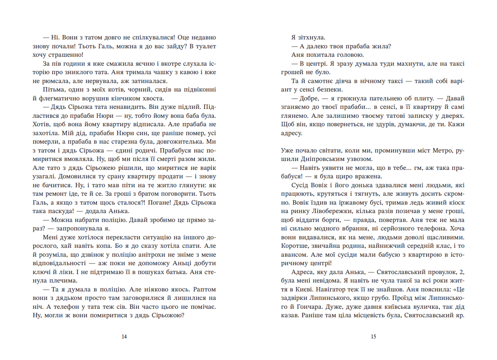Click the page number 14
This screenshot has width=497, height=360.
tap(124, 337)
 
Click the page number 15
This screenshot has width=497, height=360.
tap(373, 337)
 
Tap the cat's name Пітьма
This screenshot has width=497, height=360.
tap(53, 89)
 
